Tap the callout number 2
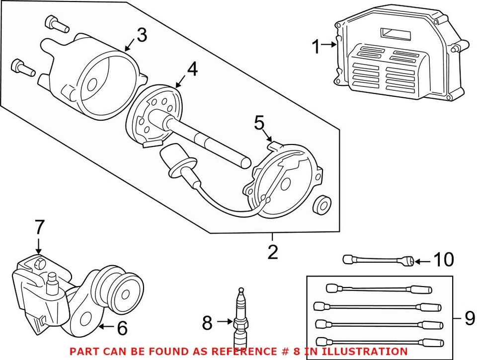click(272, 252)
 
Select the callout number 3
click(142, 35)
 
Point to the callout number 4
click(192, 69)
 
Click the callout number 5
click(259, 124)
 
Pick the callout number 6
click(121, 327)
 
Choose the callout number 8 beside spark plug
click(207, 324)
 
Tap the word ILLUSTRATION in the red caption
click(359, 351)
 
